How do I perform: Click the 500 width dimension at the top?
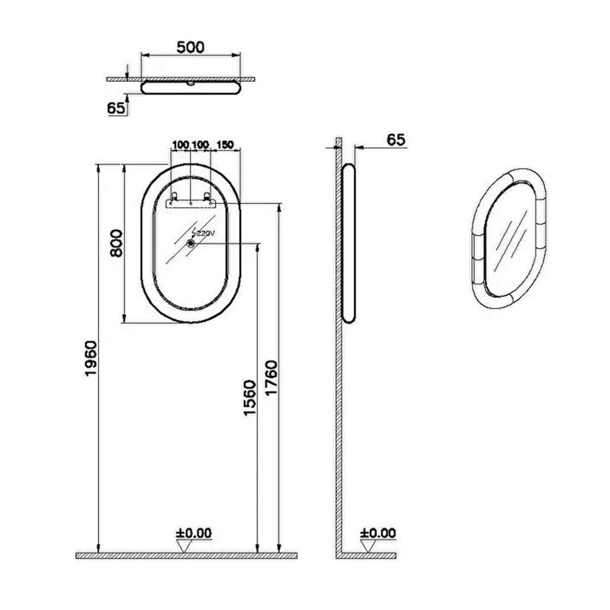(x=190, y=47)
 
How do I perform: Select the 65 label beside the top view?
(x=116, y=108)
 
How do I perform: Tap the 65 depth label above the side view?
(x=396, y=140)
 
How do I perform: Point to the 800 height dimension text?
(x=116, y=243)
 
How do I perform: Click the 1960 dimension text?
(x=91, y=358)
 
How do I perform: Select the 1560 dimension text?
(x=250, y=397)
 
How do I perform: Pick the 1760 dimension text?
(x=271, y=378)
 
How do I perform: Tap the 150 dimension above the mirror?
(x=225, y=144)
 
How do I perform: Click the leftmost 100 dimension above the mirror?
(x=181, y=144)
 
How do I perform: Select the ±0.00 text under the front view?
(x=193, y=533)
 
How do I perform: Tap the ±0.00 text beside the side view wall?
(x=378, y=533)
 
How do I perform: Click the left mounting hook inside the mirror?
(x=174, y=196)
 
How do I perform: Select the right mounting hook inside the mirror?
(x=207, y=196)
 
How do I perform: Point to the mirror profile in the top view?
(x=191, y=88)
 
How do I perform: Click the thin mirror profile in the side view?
(x=349, y=243)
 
